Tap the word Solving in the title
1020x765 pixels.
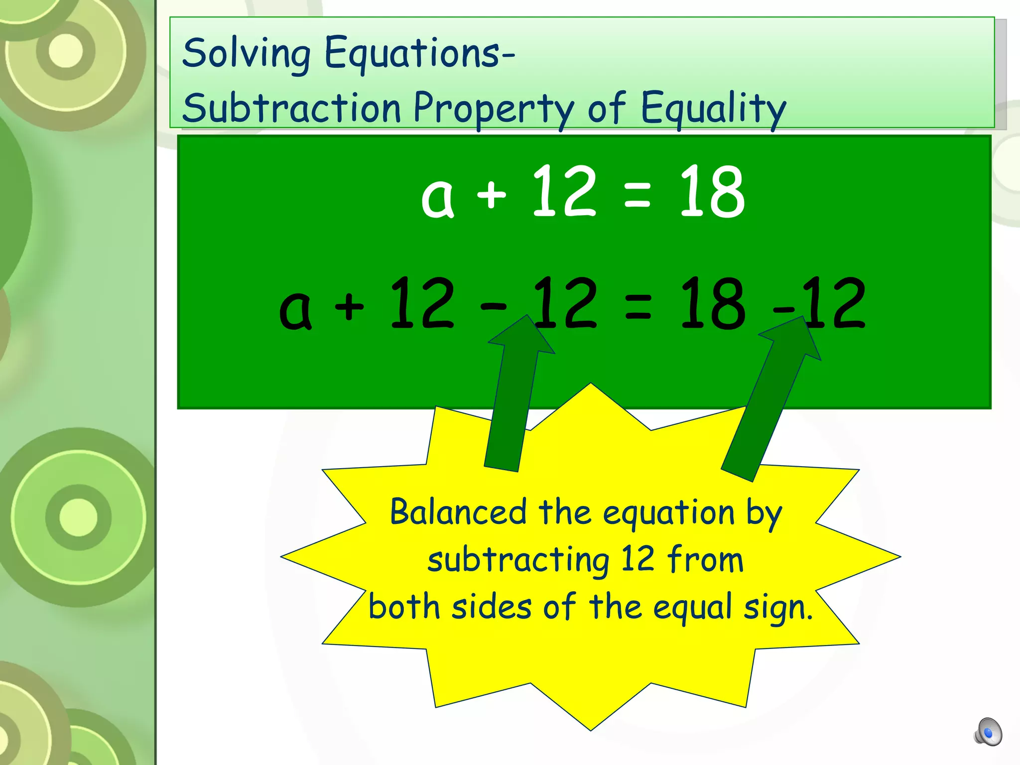tap(247, 54)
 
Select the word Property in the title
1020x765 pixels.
tap(494, 109)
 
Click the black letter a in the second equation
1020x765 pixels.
tap(296, 310)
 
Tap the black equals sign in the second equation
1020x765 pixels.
tap(638, 306)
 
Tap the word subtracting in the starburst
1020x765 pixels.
tap(518, 560)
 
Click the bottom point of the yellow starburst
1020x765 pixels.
tap(591, 728)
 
